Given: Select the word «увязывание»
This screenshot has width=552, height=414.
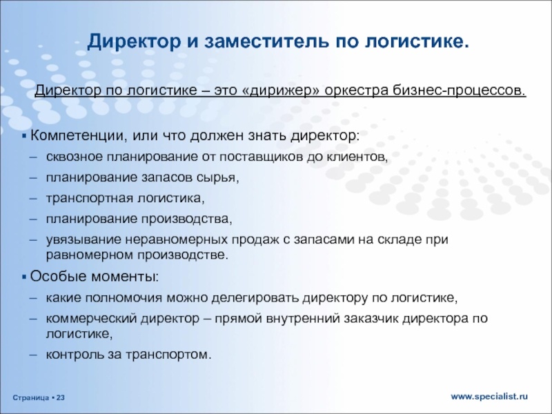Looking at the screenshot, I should point(77,239).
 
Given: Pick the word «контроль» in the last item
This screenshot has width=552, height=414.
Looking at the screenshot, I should point(70,355).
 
